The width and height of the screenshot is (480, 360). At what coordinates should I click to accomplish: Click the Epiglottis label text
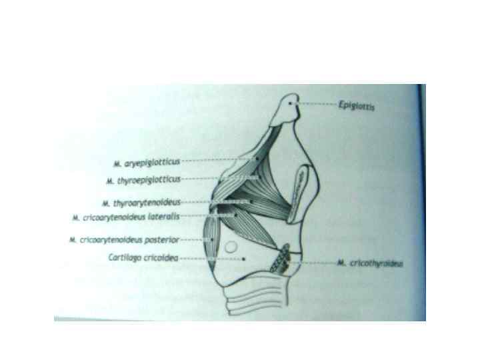(x=358, y=106)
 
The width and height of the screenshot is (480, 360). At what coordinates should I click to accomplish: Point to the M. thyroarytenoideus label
(x=142, y=202)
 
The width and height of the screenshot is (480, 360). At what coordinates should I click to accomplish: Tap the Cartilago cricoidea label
(x=143, y=258)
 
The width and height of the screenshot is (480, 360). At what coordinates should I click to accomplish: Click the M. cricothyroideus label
(x=371, y=263)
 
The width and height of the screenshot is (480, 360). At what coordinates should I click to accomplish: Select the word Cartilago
(x=125, y=258)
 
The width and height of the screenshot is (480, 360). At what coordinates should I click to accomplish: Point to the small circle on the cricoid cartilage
(x=230, y=247)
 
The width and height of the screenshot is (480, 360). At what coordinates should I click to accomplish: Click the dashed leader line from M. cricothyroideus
(x=313, y=263)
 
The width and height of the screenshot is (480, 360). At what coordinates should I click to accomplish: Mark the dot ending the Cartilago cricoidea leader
(x=245, y=259)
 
